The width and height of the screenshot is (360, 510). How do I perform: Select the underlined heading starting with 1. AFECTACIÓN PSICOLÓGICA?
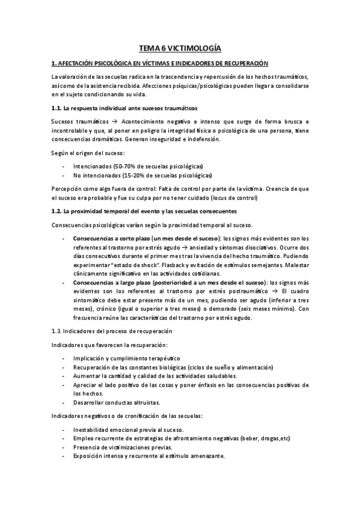160,63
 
